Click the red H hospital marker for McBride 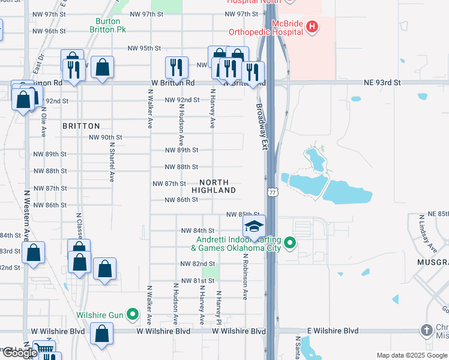pos(312,26)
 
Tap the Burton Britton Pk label pos(109,25)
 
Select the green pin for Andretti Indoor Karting pos(291,243)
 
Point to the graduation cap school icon pos(254,226)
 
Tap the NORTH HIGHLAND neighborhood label pos(214,186)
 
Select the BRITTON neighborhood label pos(81,126)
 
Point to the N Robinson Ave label pos(246,276)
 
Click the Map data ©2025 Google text pos(412,355)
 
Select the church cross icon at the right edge pos(426,331)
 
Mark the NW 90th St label pos(105,137)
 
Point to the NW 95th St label pos(144,49)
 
